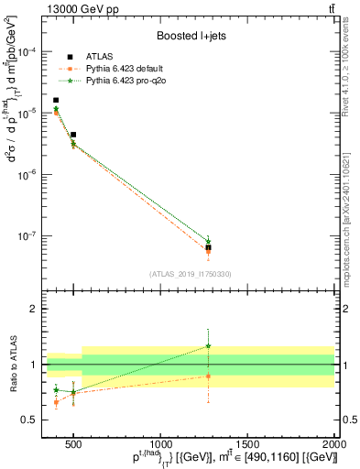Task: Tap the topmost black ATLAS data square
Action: [56, 101]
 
